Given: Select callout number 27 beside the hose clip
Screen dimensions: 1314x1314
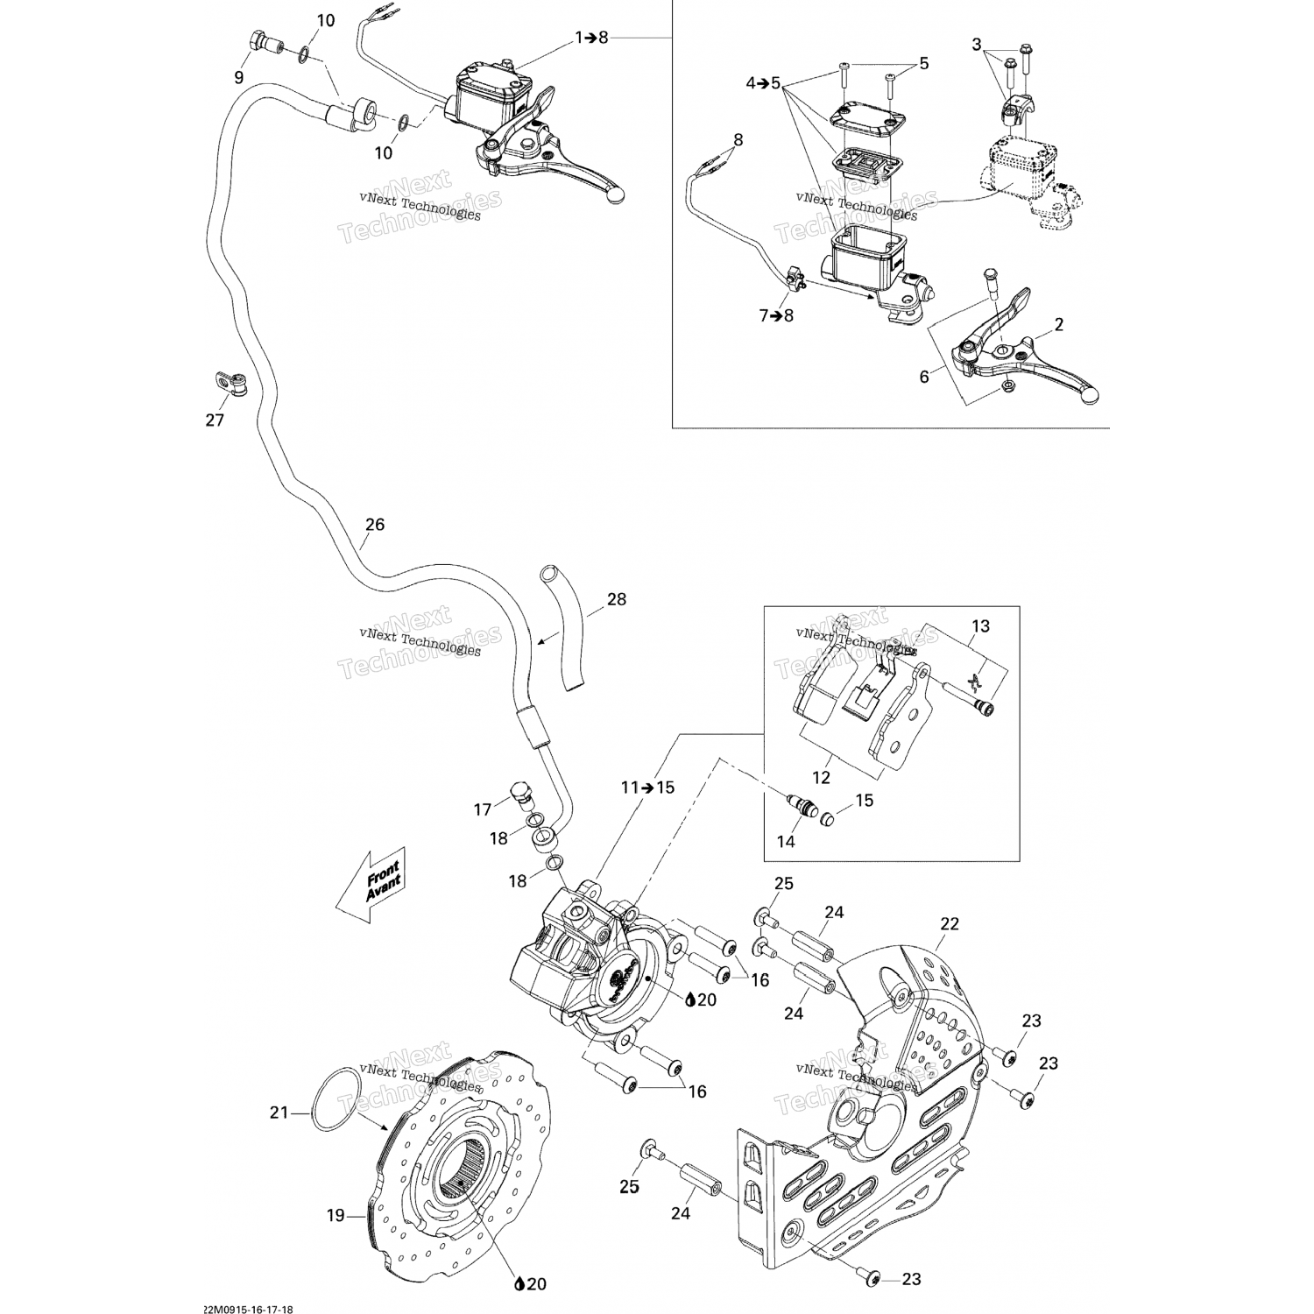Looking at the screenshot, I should pyautogui.click(x=215, y=420).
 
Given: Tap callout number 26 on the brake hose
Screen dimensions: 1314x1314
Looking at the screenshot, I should pyautogui.click(x=374, y=526).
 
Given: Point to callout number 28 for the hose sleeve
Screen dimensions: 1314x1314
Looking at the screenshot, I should pyautogui.click(x=617, y=600).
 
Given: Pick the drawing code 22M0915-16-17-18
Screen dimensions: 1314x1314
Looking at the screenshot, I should pyautogui.click(x=247, y=1309).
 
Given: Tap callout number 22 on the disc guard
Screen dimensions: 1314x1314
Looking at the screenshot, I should pyautogui.click(x=950, y=923).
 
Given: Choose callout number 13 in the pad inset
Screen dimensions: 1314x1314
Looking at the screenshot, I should pyautogui.click(x=980, y=626).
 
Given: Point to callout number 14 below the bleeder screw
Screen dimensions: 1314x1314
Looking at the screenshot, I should pyautogui.click(x=786, y=841).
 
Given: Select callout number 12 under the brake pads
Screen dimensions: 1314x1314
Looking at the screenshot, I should pyautogui.click(x=821, y=777).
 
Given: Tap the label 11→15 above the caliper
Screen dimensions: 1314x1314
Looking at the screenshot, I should pyautogui.click(x=647, y=788).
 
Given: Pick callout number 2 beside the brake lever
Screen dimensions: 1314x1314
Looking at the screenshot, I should pyautogui.click(x=1059, y=325).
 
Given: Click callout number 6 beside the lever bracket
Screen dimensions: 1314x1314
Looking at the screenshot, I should pyautogui.click(x=924, y=378).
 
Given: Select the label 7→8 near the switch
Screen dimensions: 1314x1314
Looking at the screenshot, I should pyautogui.click(x=776, y=315).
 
